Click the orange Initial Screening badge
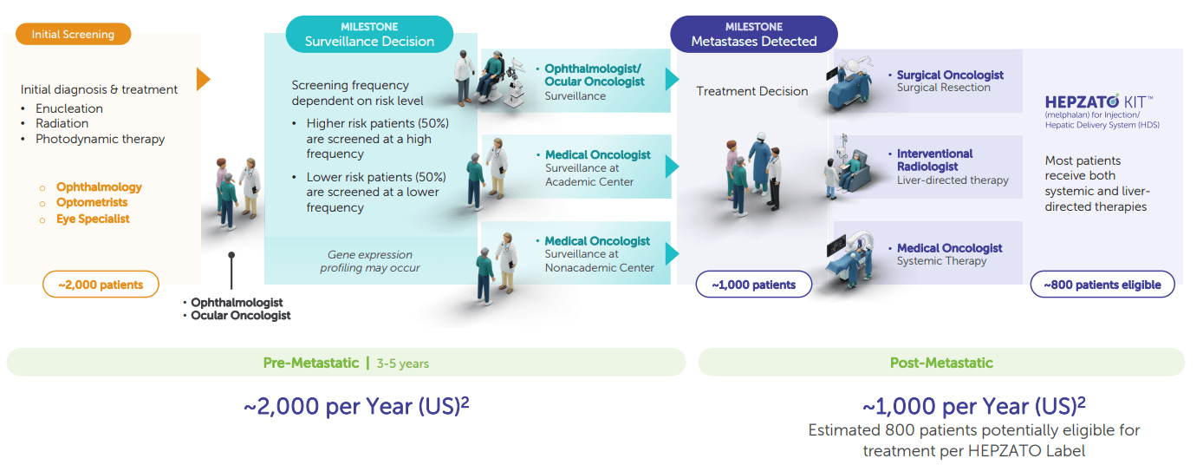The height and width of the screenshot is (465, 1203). coord(74,34)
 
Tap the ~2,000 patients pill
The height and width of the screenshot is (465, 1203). coord(101,285)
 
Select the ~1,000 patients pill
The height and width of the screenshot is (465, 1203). coord(754,285)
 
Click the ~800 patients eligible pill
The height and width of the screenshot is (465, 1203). coord(1102,285)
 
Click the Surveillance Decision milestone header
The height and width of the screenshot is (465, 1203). coord(369,35)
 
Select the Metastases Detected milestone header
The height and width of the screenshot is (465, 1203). coord(754,35)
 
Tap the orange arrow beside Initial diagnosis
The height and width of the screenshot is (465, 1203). coord(203,79)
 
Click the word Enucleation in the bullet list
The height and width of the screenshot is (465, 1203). coord(69,108)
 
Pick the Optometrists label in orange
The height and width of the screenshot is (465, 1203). coord(92,203)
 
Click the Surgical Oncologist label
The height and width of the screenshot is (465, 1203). coord(950,75)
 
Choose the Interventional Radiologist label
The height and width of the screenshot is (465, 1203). coord(935,160)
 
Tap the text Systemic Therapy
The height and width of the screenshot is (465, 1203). coord(941,261)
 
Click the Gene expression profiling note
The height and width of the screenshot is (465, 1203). coord(370,261)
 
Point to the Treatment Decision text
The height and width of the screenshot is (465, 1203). coord(752,91)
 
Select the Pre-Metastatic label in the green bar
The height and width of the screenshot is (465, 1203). coord(311,363)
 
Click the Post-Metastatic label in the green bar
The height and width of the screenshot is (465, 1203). coord(941,363)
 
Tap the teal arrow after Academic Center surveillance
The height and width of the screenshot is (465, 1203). coord(672,167)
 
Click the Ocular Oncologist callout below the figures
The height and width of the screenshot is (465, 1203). coord(241,316)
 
